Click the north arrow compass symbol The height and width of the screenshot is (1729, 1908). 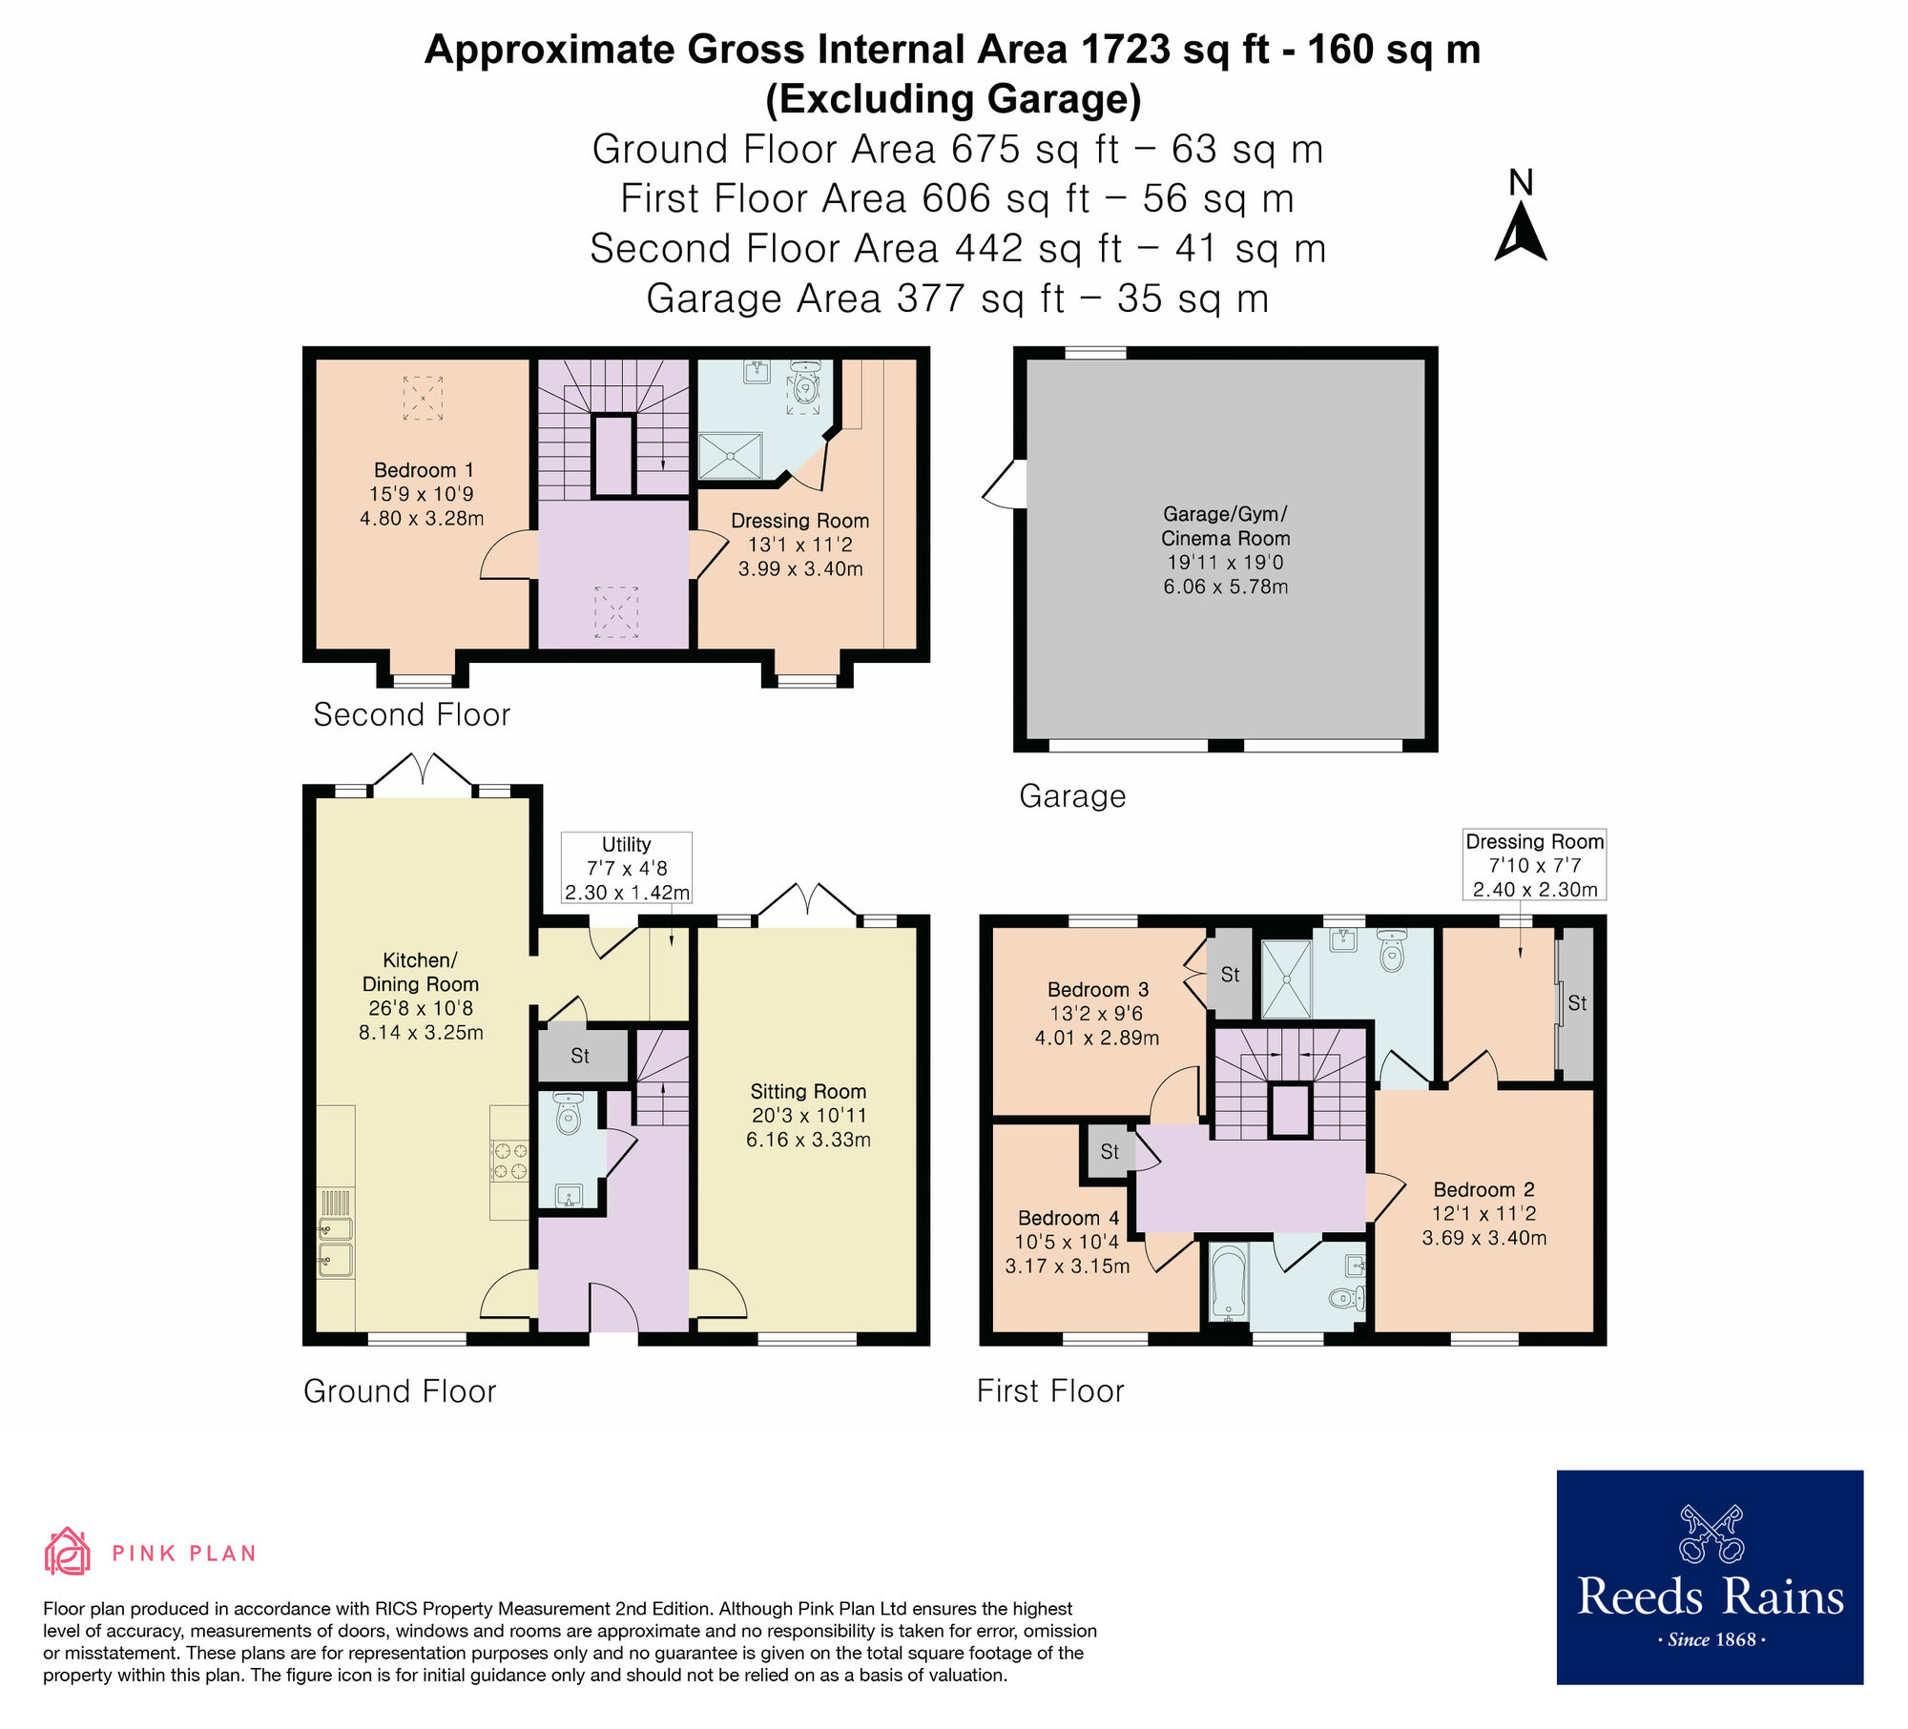click(x=1521, y=235)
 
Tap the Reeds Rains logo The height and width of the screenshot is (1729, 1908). click(x=1710, y=1577)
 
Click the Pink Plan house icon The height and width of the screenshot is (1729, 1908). click(x=67, y=1552)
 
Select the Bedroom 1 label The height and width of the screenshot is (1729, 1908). click(x=423, y=470)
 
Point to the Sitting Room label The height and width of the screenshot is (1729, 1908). click(x=808, y=1091)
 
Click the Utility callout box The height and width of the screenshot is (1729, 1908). click(x=626, y=868)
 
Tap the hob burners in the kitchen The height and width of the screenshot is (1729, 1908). click(x=509, y=1162)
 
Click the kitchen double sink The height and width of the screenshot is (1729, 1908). click(x=336, y=1245)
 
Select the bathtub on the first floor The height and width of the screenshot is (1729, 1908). click(x=1229, y=1283)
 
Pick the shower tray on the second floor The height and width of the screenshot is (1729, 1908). click(x=730, y=456)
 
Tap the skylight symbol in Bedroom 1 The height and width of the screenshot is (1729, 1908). click(x=423, y=398)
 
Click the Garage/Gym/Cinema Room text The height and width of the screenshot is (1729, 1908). click(x=1225, y=526)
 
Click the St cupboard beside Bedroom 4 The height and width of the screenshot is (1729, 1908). click(x=1109, y=1152)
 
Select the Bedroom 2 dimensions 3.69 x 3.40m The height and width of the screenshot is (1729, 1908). click(x=1483, y=1238)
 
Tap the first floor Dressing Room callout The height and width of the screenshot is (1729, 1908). click(x=1534, y=864)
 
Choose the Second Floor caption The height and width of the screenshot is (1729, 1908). click(x=411, y=714)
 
